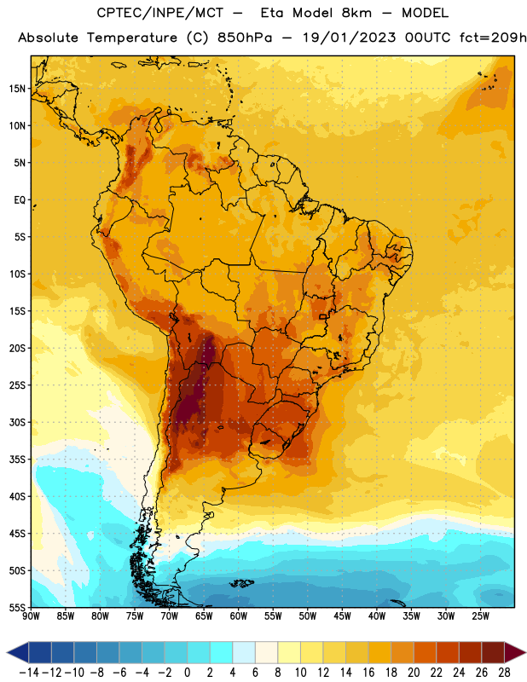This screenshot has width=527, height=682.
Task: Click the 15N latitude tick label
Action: (17, 89)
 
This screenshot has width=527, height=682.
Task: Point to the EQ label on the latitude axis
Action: (20, 200)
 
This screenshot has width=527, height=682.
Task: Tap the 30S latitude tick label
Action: (17, 422)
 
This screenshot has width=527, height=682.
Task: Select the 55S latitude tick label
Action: (17, 608)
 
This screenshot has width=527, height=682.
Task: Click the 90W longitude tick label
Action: (31, 616)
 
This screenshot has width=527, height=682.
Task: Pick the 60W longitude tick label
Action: (239, 616)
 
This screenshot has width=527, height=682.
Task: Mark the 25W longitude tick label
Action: (480, 616)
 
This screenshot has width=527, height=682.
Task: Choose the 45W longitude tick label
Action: (342, 616)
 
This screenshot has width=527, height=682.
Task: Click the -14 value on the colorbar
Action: (29, 673)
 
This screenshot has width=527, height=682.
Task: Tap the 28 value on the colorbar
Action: (504, 673)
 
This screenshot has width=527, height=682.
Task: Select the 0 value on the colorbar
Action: (187, 673)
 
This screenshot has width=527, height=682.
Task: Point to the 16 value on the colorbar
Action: (368, 673)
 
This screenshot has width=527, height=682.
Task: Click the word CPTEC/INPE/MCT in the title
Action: (159, 13)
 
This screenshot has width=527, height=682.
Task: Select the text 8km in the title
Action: (356, 13)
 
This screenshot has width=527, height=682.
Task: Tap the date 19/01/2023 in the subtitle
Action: (349, 38)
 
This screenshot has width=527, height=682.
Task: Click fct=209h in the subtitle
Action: (493, 38)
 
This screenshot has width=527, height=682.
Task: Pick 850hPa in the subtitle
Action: (245, 38)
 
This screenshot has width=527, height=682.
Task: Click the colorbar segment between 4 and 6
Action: (244, 653)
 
